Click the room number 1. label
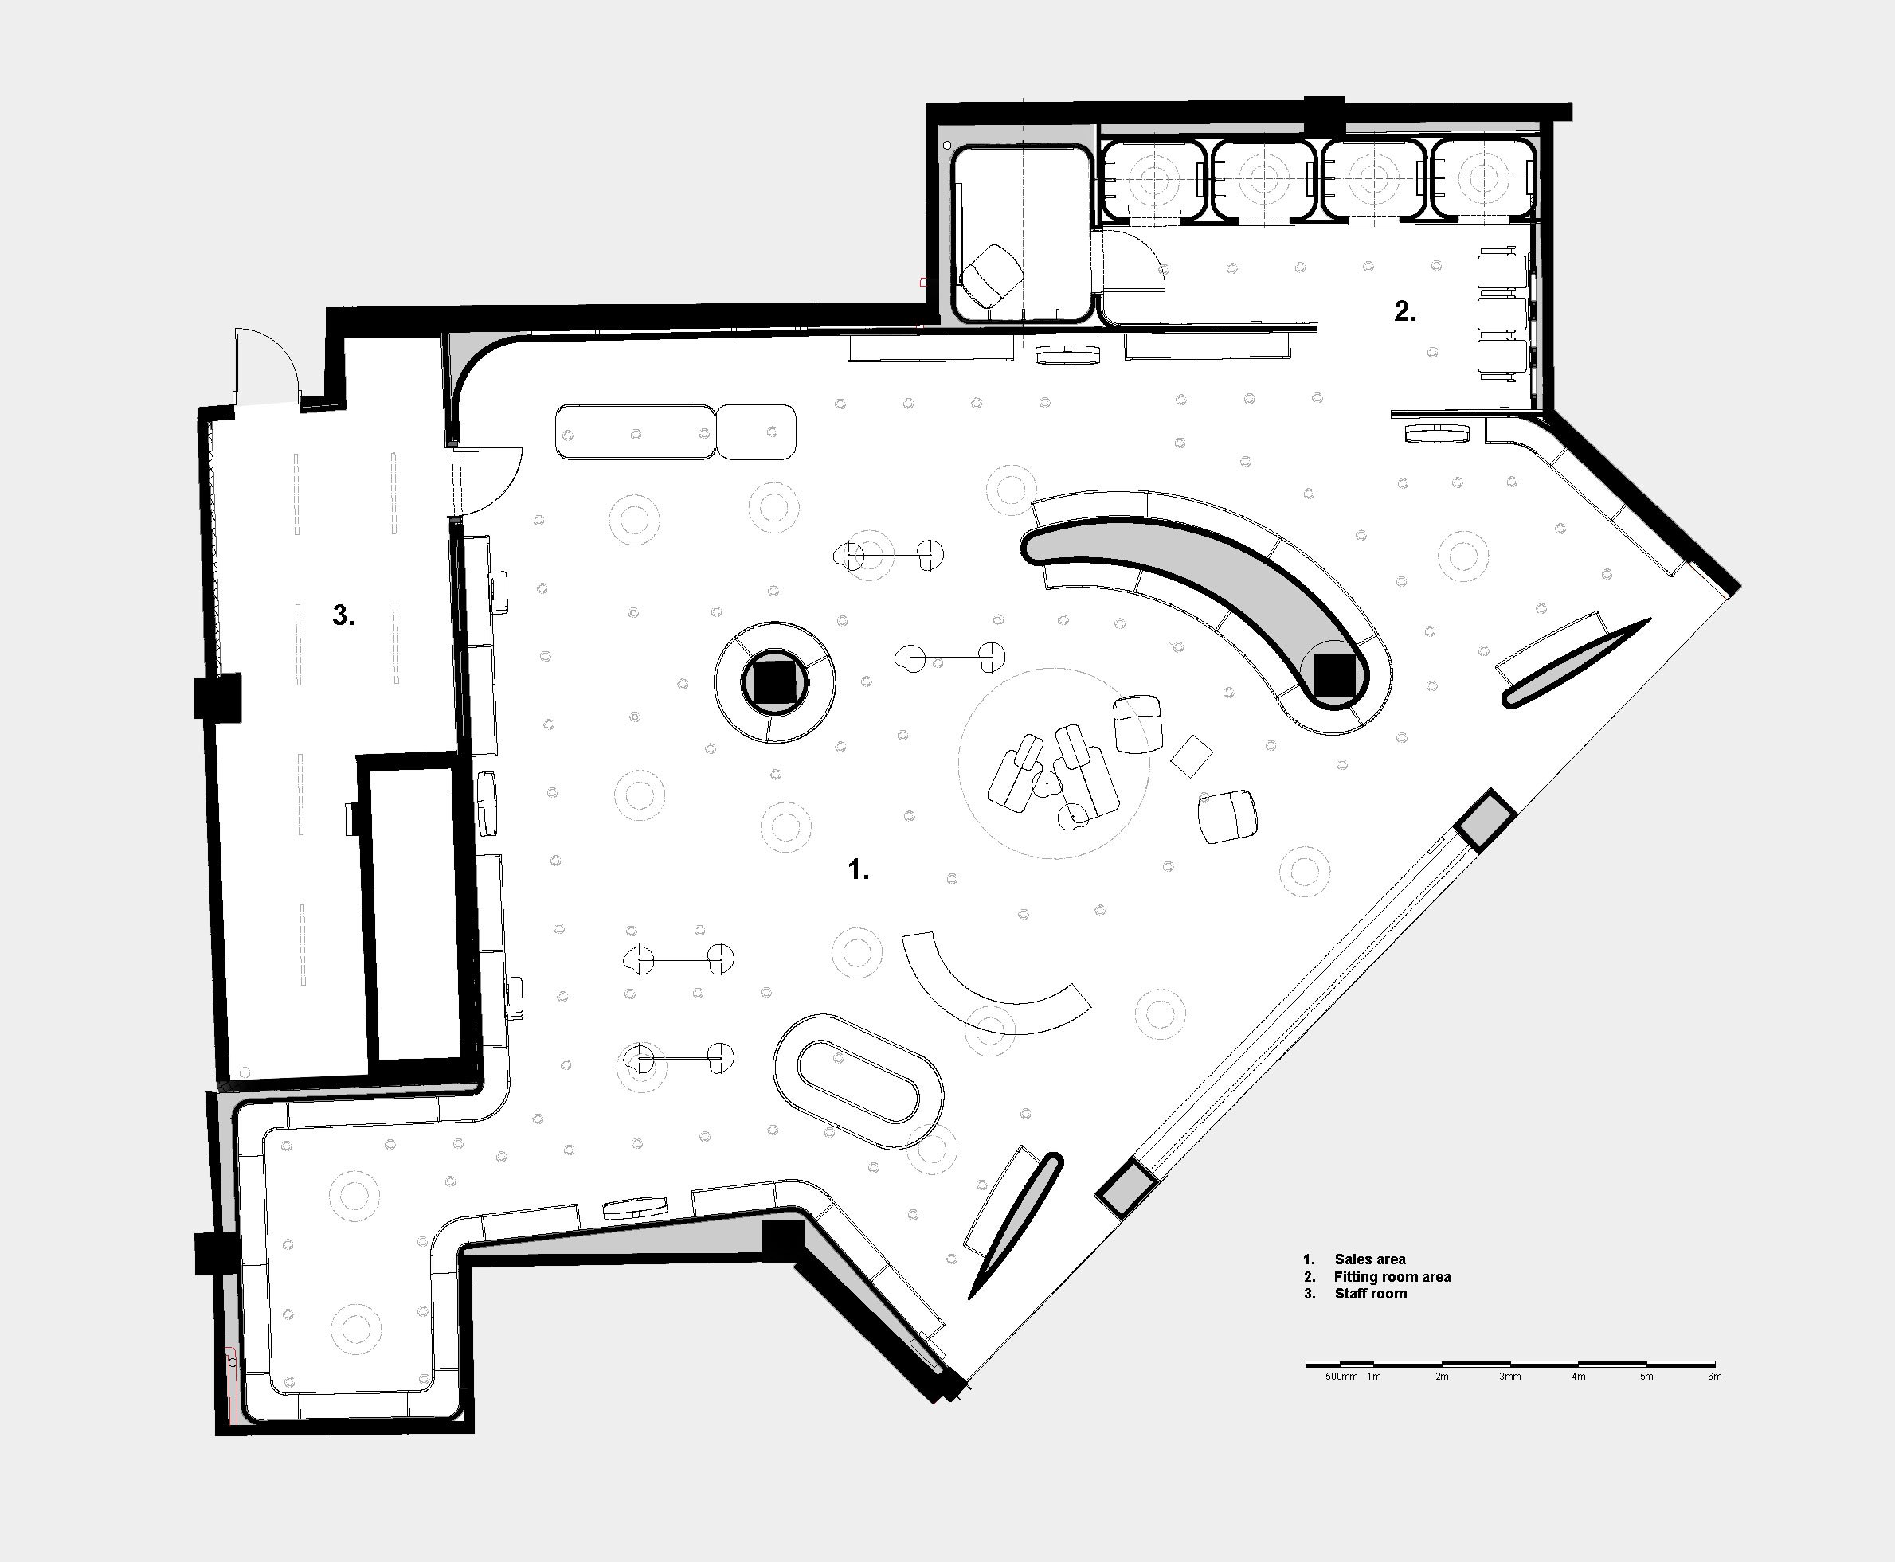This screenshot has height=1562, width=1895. (x=859, y=869)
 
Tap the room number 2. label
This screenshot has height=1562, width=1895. (x=1404, y=311)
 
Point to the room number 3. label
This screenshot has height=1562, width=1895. (x=343, y=615)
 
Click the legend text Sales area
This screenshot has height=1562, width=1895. (x=1370, y=1259)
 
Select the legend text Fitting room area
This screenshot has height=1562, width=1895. (x=1392, y=1277)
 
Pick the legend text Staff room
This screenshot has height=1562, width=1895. (x=1371, y=1294)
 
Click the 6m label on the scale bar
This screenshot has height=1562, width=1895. (x=1714, y=1377)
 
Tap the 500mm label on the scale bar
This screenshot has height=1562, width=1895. (x=1341, y=1377)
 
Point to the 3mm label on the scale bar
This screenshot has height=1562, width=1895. (x=1509, y=1377)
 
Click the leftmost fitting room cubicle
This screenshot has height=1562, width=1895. (x=1153, y=180)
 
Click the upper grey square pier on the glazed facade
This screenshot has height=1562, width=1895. (x=1486, y=818)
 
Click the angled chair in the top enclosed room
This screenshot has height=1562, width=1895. (x=991, y=275)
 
